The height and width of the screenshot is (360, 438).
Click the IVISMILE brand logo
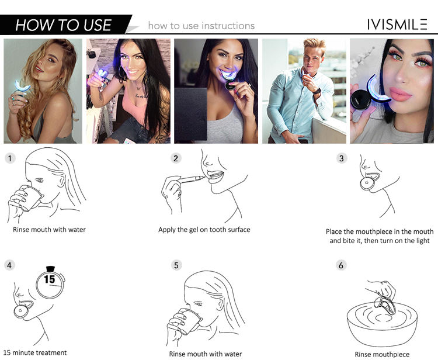coord(397,25)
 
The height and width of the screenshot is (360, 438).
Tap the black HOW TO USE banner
coord(66,25)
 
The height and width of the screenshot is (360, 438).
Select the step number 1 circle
coord(10,158)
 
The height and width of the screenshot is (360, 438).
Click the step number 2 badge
coord(176,158)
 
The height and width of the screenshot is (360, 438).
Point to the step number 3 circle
coord(342,158)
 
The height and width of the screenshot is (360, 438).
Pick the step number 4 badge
coord(9,265)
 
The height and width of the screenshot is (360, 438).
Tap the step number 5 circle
coord(176,265)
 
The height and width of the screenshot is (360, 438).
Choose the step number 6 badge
coord(341,265)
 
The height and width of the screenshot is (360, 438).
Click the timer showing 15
coord(50,282)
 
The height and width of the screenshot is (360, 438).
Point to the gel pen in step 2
coord(192,179)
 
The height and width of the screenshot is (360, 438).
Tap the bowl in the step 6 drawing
coord(382,324)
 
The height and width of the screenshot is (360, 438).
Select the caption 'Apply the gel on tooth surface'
coord(204,230)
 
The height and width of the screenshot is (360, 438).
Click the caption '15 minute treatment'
coord(35,353)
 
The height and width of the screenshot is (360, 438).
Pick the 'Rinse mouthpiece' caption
coord(382,354)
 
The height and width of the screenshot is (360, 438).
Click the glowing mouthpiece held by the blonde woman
coord(22,86)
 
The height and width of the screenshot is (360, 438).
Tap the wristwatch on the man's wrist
coord(317,91)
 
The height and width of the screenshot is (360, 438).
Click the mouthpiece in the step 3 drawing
coord(369,182)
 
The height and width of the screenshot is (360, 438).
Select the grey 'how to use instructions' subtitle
coord(201,26)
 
